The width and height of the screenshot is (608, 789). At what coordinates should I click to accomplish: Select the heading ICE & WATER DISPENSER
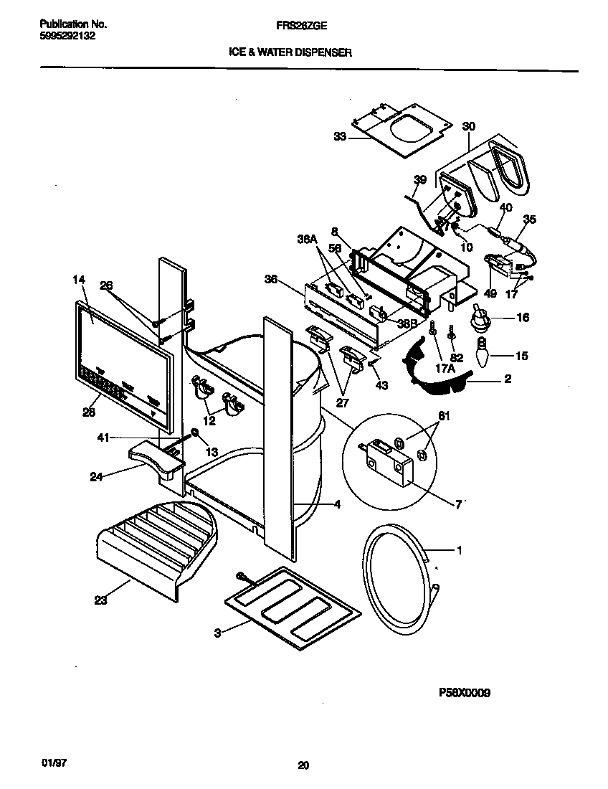(x=290, y=52)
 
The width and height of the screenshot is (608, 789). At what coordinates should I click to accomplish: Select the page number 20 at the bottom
(x=303, y=765)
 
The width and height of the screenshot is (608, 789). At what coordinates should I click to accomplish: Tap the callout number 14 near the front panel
(x=79, y=280)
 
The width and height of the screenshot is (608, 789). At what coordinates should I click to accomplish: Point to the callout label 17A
(x=445, y=369)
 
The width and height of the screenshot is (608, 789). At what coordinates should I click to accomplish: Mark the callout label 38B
(x=407, y=323)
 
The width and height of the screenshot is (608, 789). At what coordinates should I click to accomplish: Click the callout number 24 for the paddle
(x=95, y=475)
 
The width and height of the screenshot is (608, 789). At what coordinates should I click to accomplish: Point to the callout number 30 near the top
(x=469, y=126)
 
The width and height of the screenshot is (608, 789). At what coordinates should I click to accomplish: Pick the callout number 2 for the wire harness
(x=507, y=378)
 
